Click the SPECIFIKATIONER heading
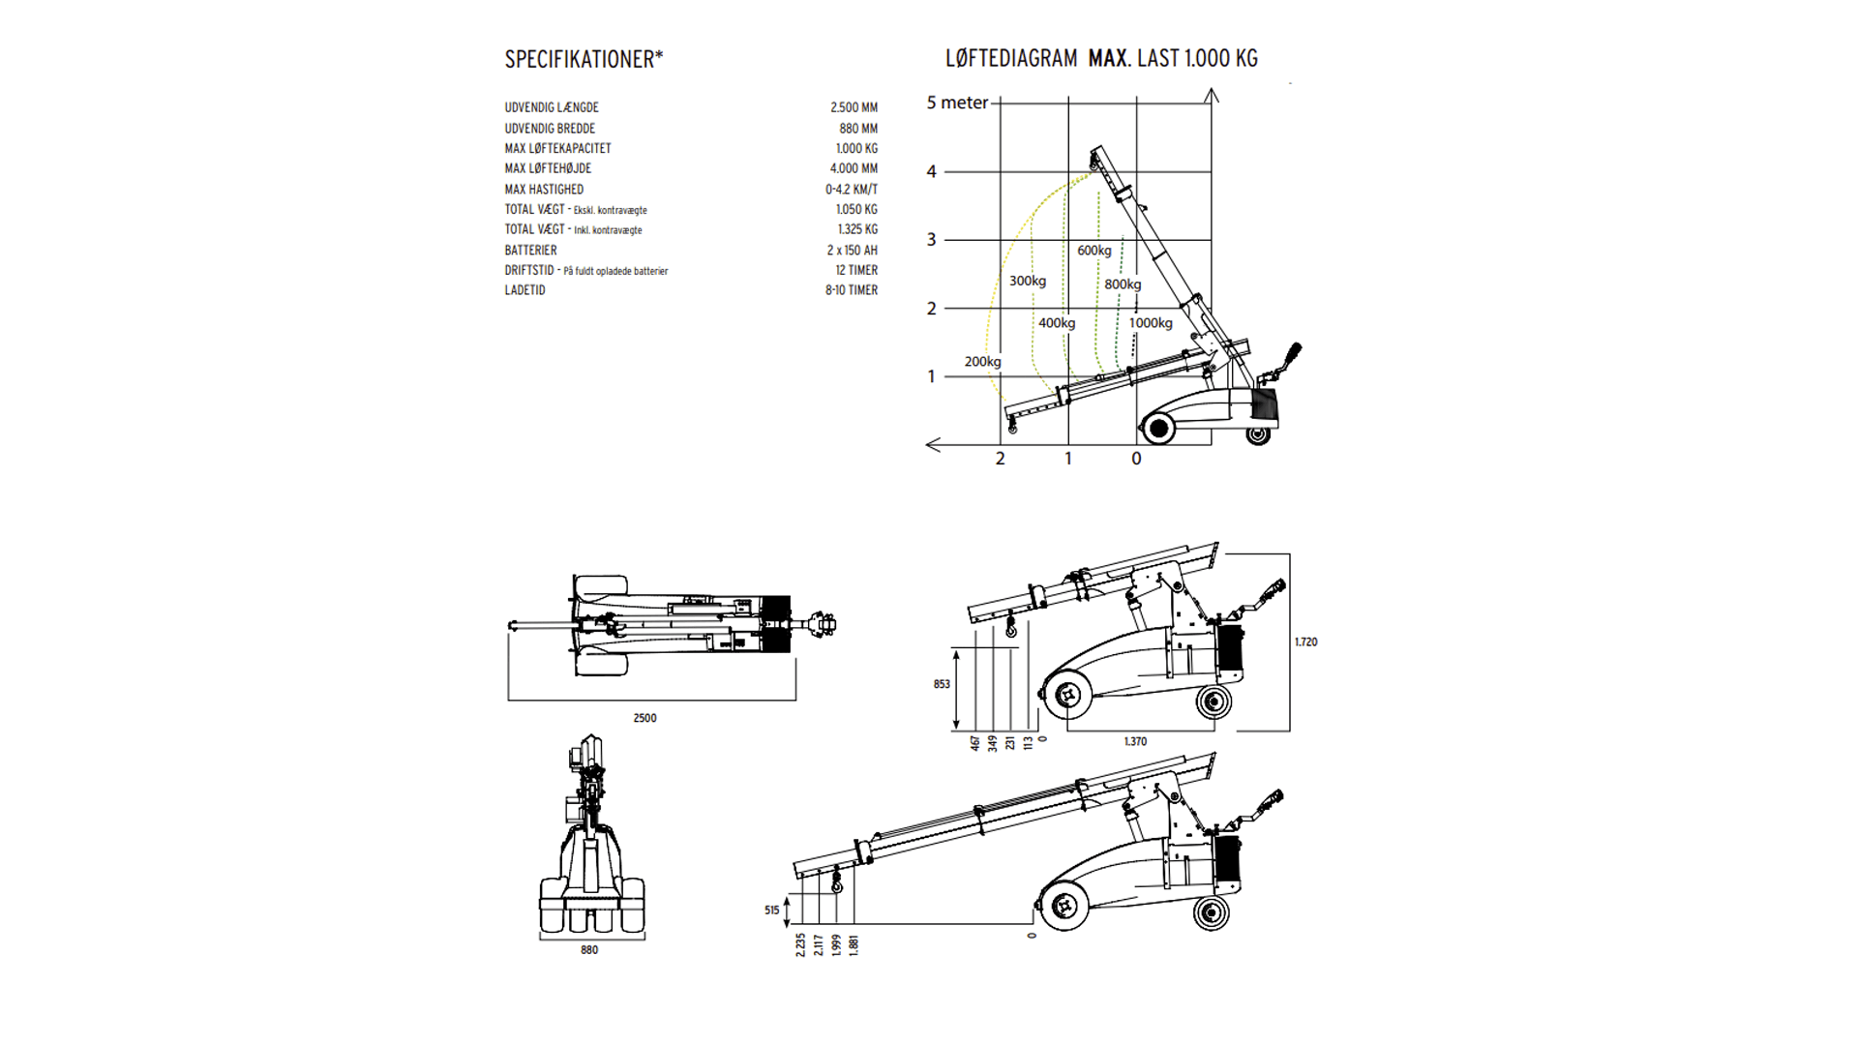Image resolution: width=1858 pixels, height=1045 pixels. click(x=584, y=59)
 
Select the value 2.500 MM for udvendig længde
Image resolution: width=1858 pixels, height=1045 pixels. click(x=854, y=107)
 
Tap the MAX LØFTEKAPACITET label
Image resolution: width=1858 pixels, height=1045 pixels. click(x=557, y=148)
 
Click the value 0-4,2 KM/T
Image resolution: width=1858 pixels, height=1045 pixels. click(x=852, y=190)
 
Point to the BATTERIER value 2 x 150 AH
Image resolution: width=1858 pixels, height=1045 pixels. click(x=853, y=250)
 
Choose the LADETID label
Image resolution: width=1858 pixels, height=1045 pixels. click(x=524, y=290)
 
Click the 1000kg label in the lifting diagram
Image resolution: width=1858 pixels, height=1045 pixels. click(x=1151, y=323)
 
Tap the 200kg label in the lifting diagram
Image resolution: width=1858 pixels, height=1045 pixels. click(x=982, y=362)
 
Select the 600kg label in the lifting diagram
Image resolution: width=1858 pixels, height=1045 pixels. click(x=1094, y=251)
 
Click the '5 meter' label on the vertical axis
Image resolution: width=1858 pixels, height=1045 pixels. click(x=957, y=103)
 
